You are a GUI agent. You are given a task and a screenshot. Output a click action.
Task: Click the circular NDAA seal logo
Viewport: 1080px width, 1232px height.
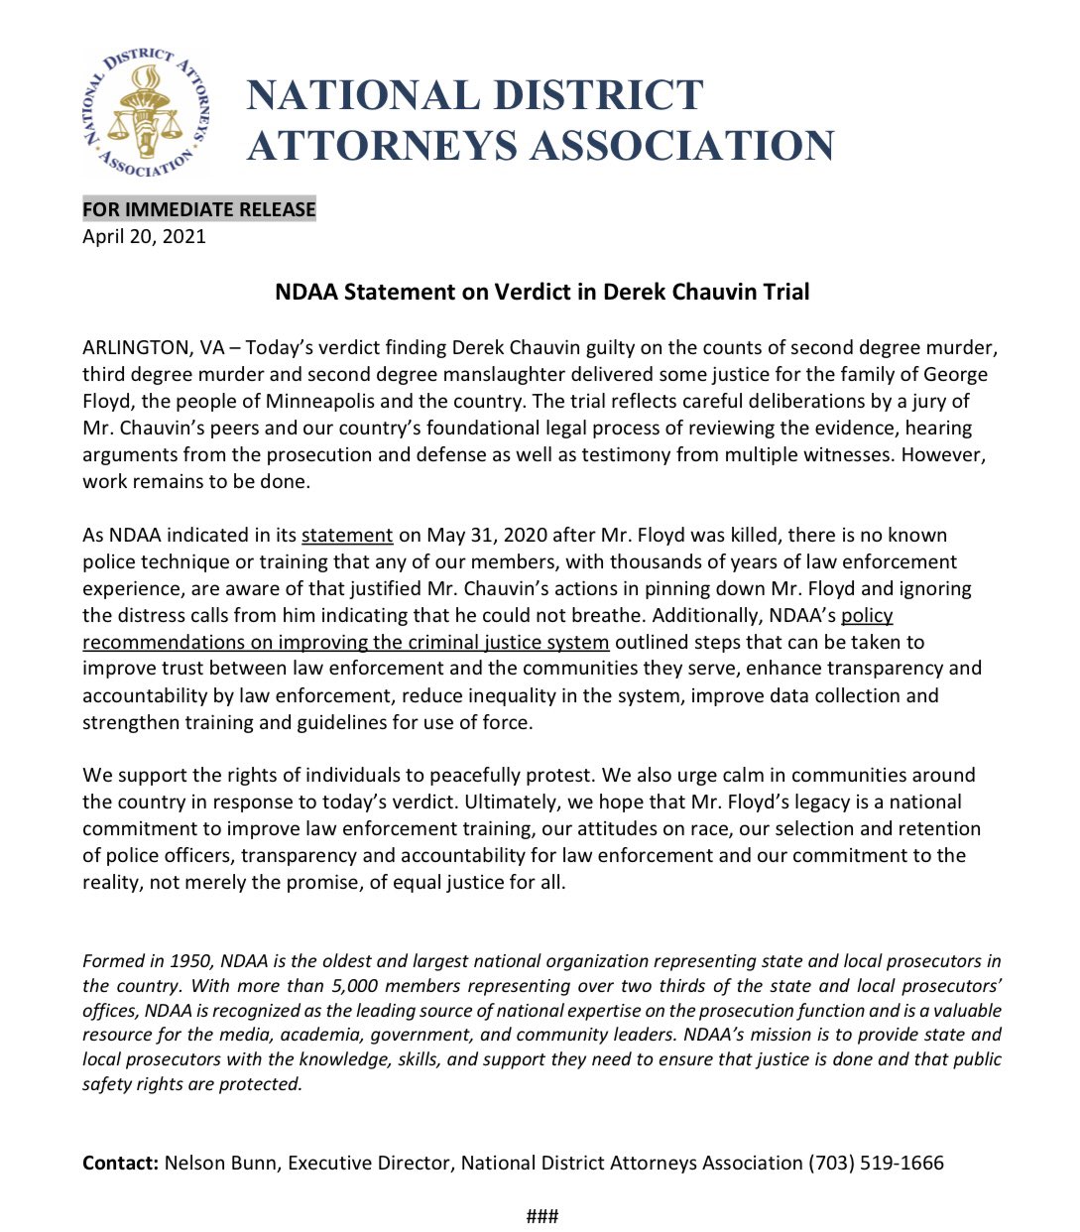(x=145, y=115)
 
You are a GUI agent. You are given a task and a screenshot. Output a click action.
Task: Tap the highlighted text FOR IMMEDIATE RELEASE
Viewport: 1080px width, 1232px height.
(x=198, y=209)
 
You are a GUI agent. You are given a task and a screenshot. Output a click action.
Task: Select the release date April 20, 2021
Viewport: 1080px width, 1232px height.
(x=144, y=236)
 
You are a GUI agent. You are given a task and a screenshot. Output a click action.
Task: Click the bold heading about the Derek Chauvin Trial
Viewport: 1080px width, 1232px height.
(x=541, y=292)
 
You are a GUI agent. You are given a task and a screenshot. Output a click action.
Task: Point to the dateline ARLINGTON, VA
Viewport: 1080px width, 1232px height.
(x=153, y=348)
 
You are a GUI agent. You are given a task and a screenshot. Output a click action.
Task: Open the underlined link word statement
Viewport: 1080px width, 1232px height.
(x=347, y=536)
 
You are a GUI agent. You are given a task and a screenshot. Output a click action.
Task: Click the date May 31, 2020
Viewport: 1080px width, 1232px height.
(x=486, y=536)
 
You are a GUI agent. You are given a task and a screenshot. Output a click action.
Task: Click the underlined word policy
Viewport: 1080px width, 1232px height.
(x=867, y=616)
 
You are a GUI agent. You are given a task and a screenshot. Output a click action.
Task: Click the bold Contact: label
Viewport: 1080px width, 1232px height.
(x=120, y=1164)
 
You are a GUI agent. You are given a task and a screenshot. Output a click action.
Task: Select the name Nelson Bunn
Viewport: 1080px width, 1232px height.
(x=220, y=1164)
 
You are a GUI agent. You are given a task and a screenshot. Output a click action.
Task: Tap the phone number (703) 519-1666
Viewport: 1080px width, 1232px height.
(x=876, y=1164)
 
